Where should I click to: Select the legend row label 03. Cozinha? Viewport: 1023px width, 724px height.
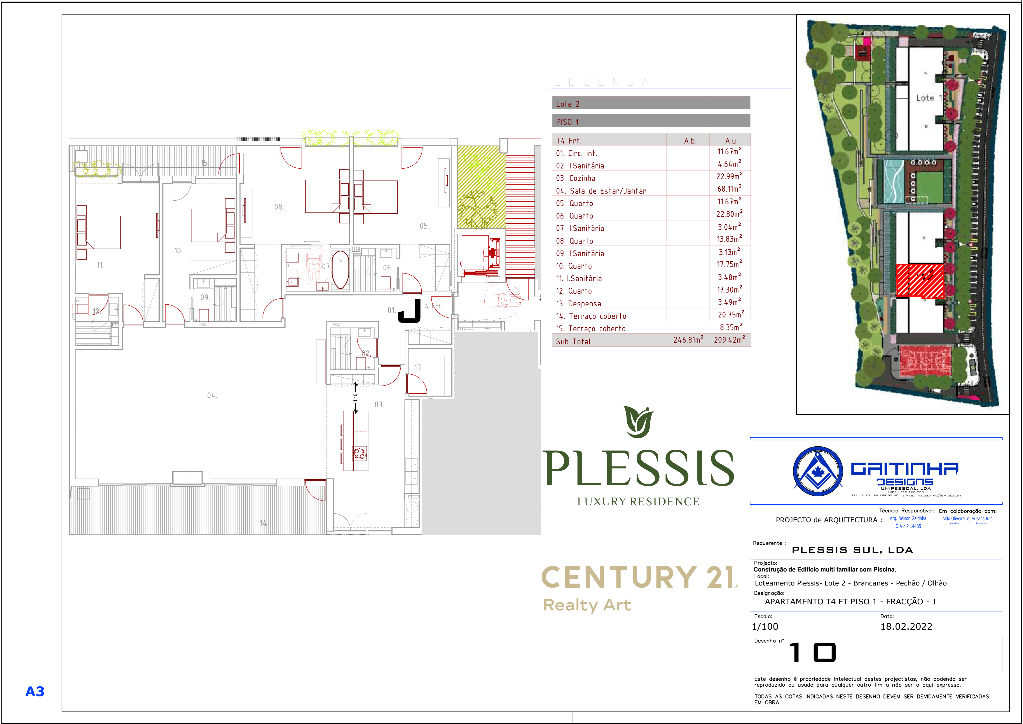(575, 178)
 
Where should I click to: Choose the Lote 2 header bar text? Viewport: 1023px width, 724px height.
(568, 104)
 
